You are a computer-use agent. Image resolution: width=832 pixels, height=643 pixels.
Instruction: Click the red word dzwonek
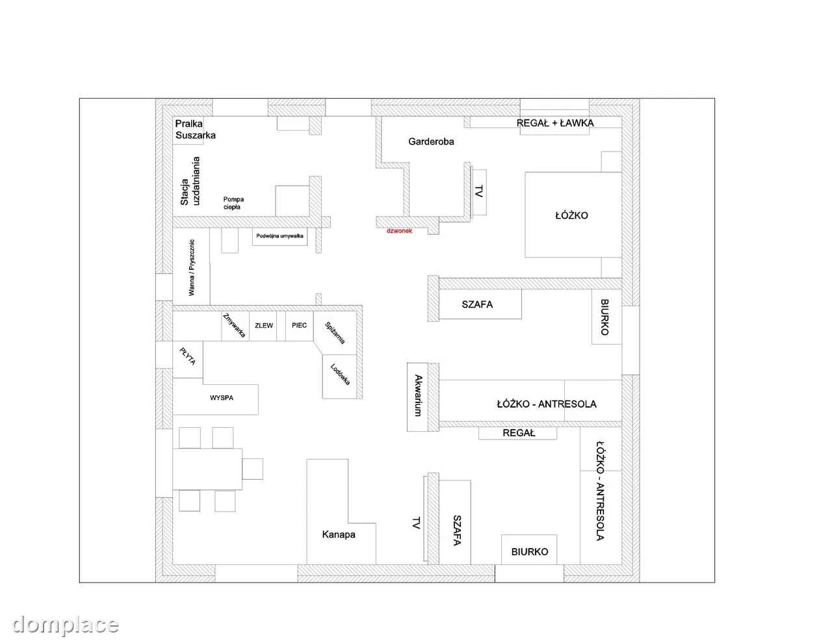tap(399, 231)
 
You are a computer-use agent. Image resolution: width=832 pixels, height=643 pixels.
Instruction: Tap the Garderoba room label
tap(431, 142)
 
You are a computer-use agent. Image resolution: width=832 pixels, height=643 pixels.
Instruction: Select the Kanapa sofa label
tap(339, 534)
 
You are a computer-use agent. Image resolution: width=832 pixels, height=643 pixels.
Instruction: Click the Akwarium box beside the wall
tap(417, 397)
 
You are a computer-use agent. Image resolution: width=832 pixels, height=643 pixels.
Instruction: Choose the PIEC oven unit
tap(300, 326)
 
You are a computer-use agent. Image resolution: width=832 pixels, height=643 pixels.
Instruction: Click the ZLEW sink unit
tap(263, 326)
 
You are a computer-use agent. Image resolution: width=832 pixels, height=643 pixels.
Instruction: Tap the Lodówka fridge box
tap(339, 376)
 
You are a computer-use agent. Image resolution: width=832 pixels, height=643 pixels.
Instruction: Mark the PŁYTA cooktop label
tap(188, 356)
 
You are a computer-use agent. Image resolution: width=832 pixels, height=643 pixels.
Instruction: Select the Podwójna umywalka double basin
tap(279, 236)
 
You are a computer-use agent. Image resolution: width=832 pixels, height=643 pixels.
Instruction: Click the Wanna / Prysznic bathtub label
tap(192, 267)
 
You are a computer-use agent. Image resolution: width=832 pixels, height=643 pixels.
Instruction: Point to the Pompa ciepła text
tap(233, 203)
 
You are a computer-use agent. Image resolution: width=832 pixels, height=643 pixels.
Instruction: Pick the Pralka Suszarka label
tap(195, 129)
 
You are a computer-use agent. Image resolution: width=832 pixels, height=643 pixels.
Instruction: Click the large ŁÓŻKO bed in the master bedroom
tap(573, 215)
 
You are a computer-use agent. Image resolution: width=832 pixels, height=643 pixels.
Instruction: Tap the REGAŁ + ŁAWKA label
tap(555, 123)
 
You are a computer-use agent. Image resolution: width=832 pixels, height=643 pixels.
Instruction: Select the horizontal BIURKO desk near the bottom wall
tap(529, 549)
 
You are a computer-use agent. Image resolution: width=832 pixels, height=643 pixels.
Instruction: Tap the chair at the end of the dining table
tap(252, 469)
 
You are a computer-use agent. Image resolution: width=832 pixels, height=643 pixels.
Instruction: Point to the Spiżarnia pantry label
tap(335, 333)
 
